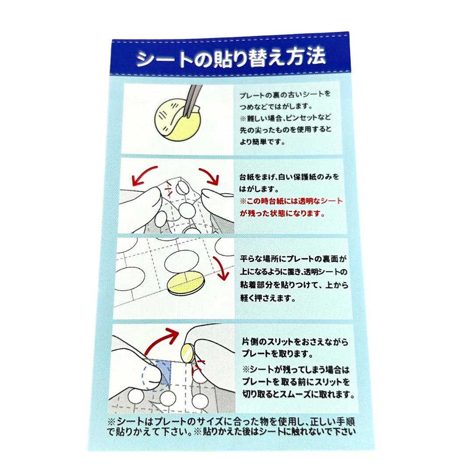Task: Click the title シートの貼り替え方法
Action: click(231, 59)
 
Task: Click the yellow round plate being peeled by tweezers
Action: click(177, 121)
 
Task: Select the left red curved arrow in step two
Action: click(145, 175)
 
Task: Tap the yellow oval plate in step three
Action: click(186, 282)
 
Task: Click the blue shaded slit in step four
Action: click(163, 373)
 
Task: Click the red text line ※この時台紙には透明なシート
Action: click(291, 201)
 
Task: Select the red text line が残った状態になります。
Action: click(282, 213)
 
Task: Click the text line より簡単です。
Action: click(262, 142)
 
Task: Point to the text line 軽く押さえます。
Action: click(268, 298)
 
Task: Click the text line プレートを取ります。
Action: click(276, 353)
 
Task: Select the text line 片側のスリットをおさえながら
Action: click(295, 342)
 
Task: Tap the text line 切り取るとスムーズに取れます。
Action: click(298, 394)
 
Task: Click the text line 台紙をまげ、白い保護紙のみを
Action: click(289, 177)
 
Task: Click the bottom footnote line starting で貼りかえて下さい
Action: click(231, 432)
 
